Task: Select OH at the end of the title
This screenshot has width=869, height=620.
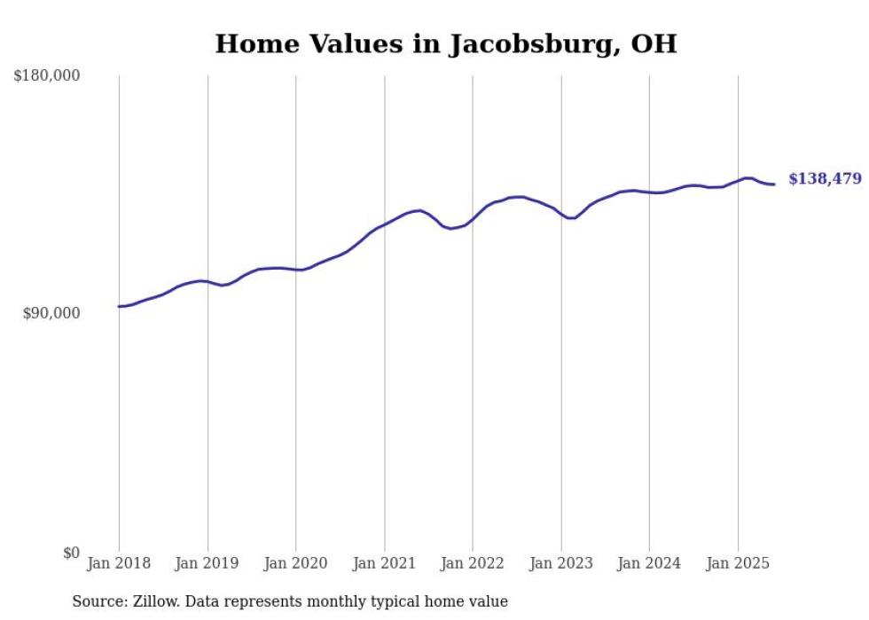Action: (654, 43)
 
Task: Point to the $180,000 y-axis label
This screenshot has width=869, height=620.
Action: (47, 76)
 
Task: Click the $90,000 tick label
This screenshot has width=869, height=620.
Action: (51, 314)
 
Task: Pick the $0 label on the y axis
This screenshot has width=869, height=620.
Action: (71, 553)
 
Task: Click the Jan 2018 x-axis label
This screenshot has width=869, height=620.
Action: (119, 563)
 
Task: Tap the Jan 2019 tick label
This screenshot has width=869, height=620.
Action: (207, 563)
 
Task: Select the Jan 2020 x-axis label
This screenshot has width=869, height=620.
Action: (296, 563)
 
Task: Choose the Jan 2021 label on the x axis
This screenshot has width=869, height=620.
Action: (384, 563)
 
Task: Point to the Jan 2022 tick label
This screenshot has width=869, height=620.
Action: (473, 563)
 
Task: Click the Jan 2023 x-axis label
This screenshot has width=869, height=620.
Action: (561, 563)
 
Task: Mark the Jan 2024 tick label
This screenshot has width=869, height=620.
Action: (649, 563)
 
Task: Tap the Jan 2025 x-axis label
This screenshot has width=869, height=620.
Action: (738, 563)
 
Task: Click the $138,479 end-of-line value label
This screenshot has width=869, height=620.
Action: (825, 179)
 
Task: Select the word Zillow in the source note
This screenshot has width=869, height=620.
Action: (156, 601)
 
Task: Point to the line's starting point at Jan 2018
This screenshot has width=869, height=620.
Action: (119, 306)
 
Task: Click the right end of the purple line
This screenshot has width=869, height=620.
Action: (775, 184)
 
